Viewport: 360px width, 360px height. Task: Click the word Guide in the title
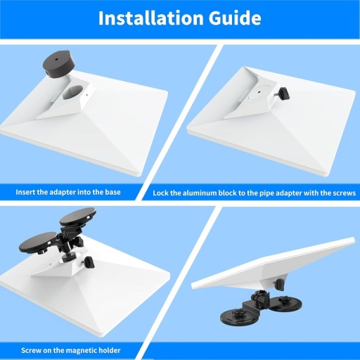click(x=235, y=18)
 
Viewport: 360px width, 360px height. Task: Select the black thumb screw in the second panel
click(x=283, y=93)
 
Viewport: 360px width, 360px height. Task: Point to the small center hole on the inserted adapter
click(x=259, y=92)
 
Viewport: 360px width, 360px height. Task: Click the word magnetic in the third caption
click(x=81, y=351)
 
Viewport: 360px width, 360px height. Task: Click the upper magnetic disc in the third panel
click(x=77, y=217)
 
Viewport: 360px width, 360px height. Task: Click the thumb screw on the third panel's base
click(x=89, y=262)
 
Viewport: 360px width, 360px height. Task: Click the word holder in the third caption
click(x=110, y=351)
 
